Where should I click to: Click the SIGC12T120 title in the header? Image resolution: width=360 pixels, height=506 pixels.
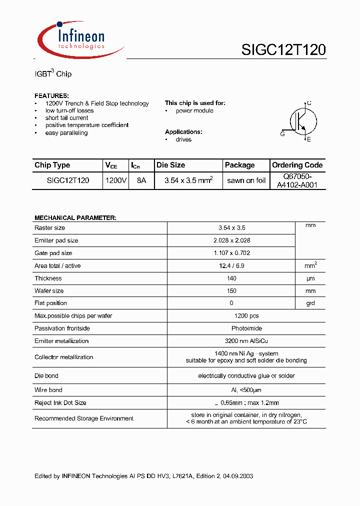tap(283, 49)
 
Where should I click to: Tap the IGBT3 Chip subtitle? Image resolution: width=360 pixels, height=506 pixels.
tap(52, 74)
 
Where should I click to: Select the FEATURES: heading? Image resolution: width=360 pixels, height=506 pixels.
tap(51, 95)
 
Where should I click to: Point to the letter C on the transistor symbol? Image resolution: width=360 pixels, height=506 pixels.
tap(309, 103)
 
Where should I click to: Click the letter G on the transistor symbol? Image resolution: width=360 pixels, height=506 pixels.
tap(282, 134)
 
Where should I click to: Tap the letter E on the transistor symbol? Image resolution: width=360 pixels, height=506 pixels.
tap(309, 139)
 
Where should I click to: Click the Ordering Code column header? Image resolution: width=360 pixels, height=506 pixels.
tap(297, 165)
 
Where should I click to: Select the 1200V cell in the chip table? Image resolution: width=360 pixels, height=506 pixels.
tap(116, 180)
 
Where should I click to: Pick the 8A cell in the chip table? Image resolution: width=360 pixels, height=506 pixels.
tap(141, 180)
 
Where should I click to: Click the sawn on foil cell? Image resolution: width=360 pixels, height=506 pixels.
tap(246, 180)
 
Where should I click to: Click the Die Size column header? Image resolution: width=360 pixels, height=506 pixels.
tap(170, 165)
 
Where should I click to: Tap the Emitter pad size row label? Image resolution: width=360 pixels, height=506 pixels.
tap(56, 240)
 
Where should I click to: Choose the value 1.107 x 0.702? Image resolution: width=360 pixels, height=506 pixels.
tap(231, 253)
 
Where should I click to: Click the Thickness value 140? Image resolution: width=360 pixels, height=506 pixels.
tap(231, 278)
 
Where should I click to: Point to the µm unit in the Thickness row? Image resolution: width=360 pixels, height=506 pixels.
tap(310, 278)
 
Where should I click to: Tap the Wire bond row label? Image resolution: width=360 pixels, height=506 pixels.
tap(48, 390)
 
